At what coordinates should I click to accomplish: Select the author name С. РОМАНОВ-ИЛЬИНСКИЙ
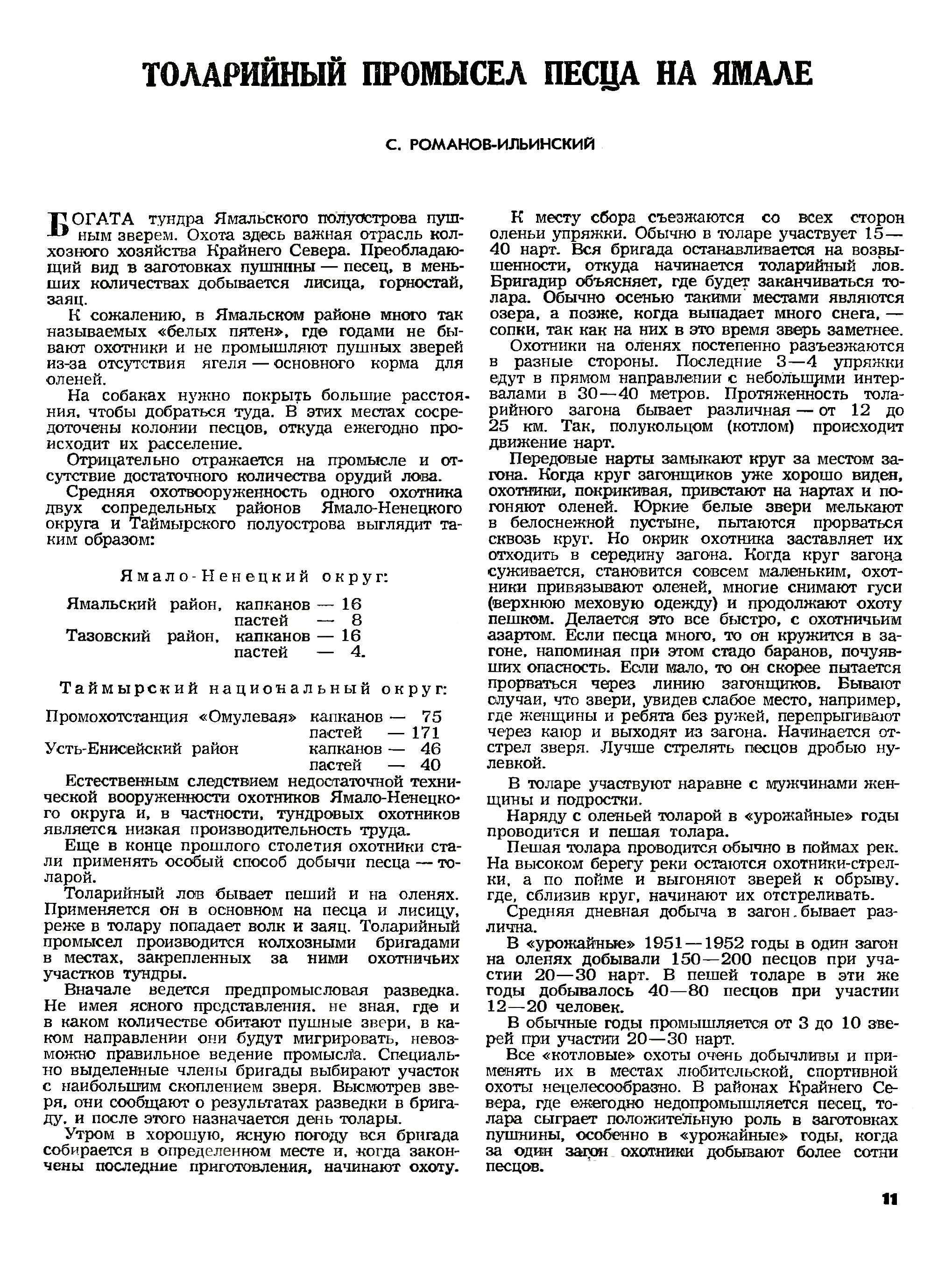(490, 145)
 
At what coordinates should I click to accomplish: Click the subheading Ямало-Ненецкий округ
(255, 577)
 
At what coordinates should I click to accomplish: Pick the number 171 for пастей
(425, 733)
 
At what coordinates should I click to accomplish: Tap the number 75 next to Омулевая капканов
(432, 717)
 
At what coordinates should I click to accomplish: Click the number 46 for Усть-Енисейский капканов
(431, 749)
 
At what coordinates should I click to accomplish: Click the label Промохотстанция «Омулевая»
(170, 717)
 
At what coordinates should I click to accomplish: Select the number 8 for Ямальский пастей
(356, 620)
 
